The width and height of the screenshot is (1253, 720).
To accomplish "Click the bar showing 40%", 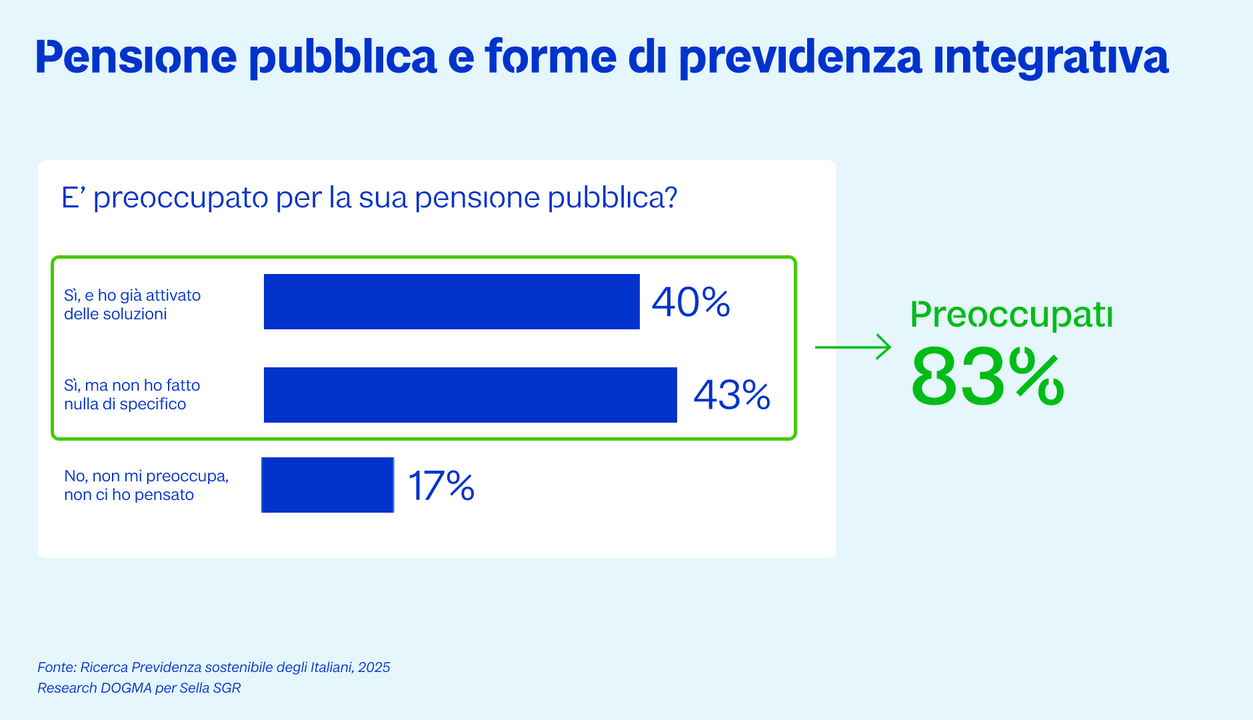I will pyautogui.click(x=451, y=301).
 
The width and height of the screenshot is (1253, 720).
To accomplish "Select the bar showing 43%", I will pyautogui.click(x=470, y=395).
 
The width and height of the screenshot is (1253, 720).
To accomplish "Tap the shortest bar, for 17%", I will pyautogui.click(x=327, y=485).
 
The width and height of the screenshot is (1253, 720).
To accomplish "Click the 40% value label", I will pyautogui.click(x=690, y=302).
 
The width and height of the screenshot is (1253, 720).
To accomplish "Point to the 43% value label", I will pyautogui.click(x=732, y=395).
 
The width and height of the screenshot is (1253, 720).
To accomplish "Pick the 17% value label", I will pyautogui.click(x=441, y=485).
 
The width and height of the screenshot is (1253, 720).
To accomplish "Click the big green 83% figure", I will pyautogui.click(x=987, y=377).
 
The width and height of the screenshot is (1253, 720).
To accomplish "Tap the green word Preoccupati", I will pyautogui.click(x=1011, y=315).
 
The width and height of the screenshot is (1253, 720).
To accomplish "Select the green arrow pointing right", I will pyautogui.click(x=853, y=347).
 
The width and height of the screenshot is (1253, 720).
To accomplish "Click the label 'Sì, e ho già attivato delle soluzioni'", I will pyautogui.click(x=132, y=305).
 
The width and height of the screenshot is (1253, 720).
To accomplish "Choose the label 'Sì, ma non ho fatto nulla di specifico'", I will pyautogui.click(x=132, y=395).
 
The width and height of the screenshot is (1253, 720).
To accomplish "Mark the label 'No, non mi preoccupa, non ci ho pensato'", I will pyautogui.click(x=146, y=485).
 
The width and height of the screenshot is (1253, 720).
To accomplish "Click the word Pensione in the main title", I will pyautogui.click(x=136, y=57).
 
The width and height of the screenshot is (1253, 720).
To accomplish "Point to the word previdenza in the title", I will pyautogui.click(x=800, y=58).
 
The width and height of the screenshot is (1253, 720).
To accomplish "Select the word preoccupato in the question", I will pyautogui.click(x=180, y=199).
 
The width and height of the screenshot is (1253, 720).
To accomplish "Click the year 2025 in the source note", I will pyautogui.click(x=374, y=667).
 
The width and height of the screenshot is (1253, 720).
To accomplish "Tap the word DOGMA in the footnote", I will pyautogui.click(x=126, y=688).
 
